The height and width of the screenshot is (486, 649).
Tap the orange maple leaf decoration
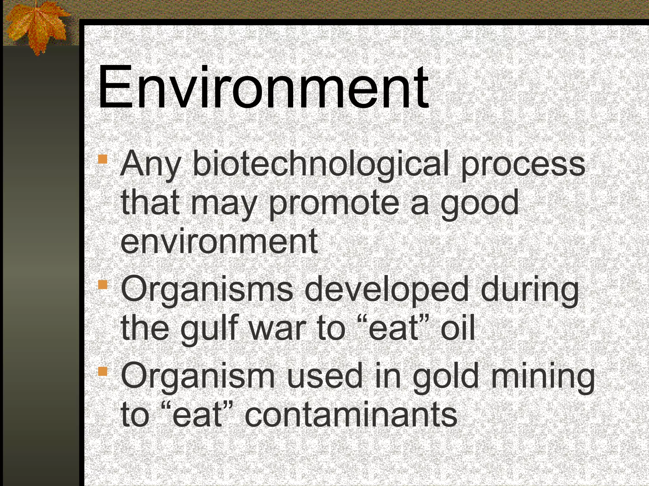36,27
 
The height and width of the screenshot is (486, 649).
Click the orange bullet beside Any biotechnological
103,159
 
